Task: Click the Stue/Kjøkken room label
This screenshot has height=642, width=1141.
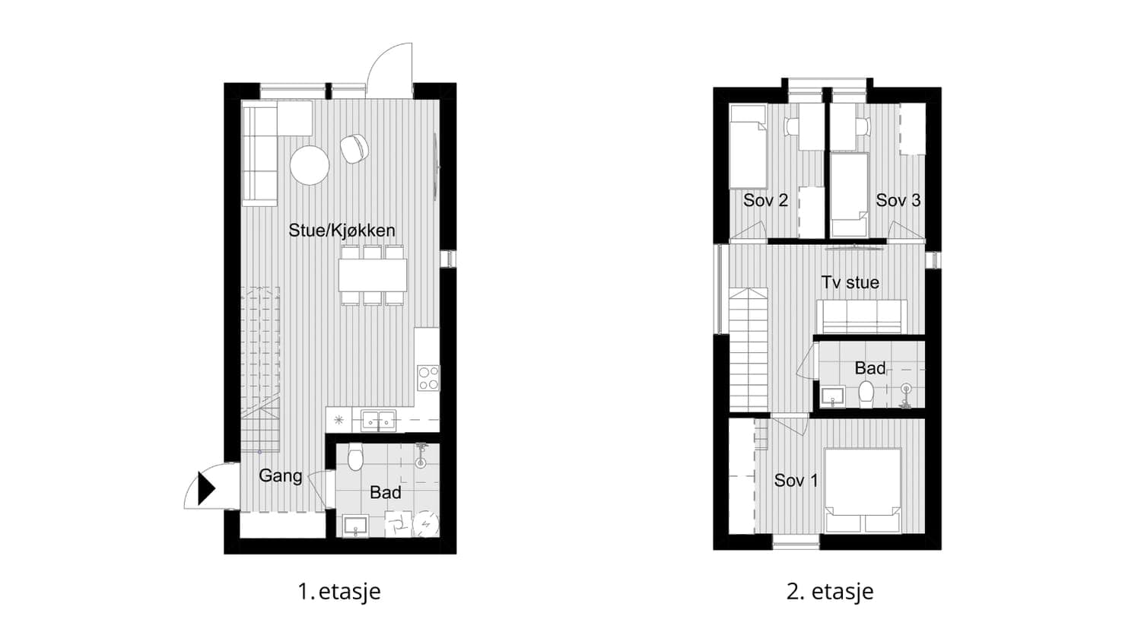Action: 342,230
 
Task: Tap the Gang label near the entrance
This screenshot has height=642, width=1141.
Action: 280,476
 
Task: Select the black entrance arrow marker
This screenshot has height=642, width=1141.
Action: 206,488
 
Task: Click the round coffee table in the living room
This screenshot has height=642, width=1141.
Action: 310,165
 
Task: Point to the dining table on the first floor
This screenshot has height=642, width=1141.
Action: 373,275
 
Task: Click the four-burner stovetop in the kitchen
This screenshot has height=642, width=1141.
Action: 427,378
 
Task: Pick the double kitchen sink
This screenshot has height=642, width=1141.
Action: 378,421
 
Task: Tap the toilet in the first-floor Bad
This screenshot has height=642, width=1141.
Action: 355,456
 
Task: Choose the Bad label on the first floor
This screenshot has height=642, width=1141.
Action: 385,493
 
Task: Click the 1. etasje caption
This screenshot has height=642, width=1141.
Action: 339,592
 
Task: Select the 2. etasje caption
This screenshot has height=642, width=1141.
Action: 830,592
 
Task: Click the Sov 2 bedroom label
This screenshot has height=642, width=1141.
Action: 765,200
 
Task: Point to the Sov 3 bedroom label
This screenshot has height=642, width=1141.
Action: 898,200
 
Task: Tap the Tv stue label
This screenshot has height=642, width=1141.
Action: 850,282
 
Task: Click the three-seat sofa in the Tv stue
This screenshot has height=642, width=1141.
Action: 862,317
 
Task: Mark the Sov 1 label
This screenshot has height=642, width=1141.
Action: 796,481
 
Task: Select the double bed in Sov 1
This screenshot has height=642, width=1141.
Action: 863,490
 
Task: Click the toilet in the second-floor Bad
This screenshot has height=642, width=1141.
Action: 866,395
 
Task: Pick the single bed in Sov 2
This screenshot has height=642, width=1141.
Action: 748,147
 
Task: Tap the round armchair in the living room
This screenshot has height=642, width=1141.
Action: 354,148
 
